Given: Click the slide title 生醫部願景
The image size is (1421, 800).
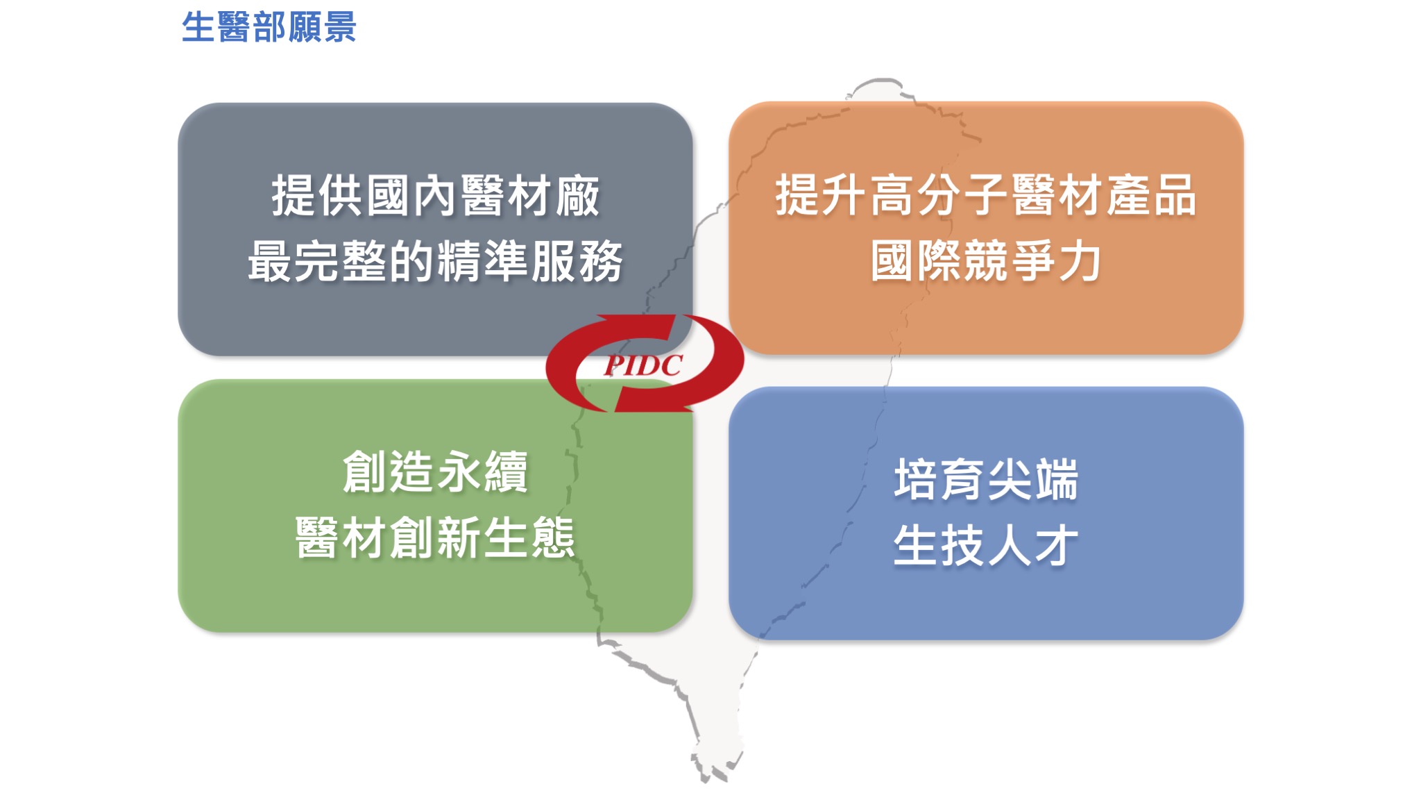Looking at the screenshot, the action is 269,28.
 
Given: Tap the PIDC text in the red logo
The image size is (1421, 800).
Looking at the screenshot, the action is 643,365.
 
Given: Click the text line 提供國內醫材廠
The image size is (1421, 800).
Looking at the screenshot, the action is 435,196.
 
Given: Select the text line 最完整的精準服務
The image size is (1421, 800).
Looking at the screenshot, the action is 435,261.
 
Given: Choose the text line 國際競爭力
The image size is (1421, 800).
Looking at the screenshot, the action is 986,261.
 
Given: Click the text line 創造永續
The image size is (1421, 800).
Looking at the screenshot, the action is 435,472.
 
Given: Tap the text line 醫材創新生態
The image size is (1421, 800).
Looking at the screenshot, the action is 435,537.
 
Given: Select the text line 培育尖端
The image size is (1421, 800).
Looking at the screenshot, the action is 986,479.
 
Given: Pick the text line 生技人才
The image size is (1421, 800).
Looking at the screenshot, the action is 986,545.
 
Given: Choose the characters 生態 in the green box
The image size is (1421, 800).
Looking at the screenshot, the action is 529,537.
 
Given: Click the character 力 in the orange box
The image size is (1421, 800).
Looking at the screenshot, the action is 1079,261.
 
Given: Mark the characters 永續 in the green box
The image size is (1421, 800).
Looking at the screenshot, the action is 482,472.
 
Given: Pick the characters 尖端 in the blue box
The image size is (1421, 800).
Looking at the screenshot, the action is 1032,479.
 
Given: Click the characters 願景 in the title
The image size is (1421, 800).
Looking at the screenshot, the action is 322,28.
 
